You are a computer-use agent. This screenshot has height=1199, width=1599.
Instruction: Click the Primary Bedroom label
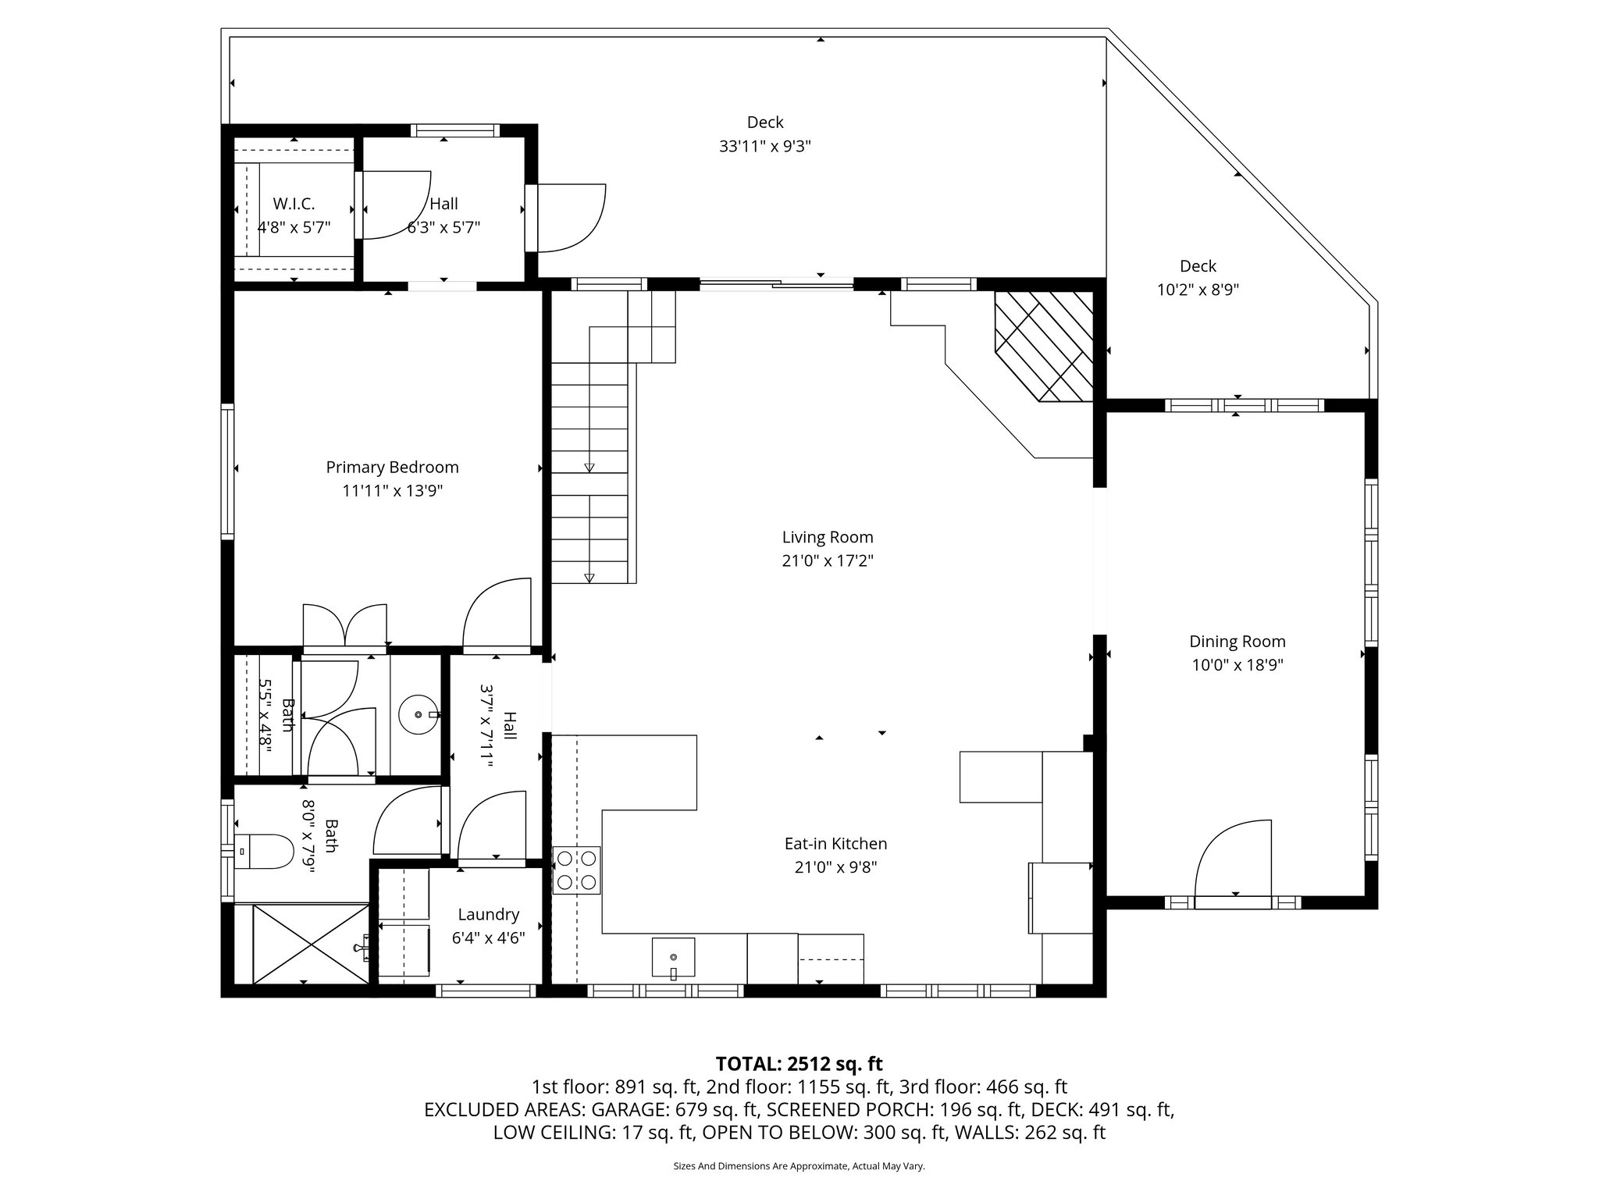[x=392, y=467]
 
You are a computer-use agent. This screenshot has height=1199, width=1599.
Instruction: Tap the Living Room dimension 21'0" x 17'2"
[x=828, y=560]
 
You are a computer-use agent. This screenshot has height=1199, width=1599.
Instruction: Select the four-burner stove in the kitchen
[x=576, y=870]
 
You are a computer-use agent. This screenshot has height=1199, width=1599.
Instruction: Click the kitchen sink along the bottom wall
[x=673, y=957]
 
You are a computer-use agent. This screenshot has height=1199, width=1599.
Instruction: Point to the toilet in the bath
[x=265, y=851]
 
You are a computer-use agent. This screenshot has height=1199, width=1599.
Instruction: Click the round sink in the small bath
[x=418, y=713]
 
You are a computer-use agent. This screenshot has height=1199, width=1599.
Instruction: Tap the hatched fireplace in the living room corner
[x=1045, y=345]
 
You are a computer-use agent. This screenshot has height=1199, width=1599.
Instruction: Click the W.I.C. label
[x=294, y=204]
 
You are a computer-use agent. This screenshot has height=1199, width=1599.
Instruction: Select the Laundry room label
[x=488, y=914]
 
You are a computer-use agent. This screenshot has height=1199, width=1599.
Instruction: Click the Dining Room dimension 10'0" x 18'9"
[x=1237, y=665]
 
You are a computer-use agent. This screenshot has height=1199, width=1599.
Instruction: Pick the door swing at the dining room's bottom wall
[x=1234, y=859]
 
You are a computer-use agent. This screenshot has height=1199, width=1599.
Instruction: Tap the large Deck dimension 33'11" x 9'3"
[x=765, y=146]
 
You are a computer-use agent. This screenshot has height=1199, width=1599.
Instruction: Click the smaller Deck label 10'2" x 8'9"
[x=1198, y=266]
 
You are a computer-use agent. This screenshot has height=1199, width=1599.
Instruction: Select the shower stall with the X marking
[x=311, y=944]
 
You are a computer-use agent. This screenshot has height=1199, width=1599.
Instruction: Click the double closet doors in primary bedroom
[x=344, y=624]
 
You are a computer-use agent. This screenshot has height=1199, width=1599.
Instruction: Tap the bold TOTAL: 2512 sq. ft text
[x=799, y=1063]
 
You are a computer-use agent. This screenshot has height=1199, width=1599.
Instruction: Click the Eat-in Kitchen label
[x=835, y=843]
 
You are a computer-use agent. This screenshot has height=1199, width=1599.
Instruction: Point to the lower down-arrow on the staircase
[x=589, y=578]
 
